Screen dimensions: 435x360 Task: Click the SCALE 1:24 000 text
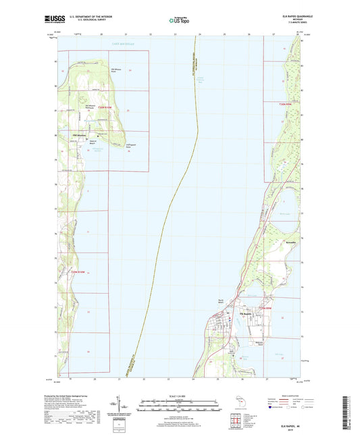(180, 395)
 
